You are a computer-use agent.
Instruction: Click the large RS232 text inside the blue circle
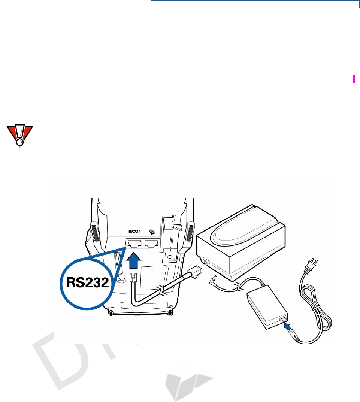click(x=88, y=282)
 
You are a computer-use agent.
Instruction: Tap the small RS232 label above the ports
click(x=134, y=232)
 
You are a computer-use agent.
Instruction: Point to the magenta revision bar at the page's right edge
click(x=354, y=79)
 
